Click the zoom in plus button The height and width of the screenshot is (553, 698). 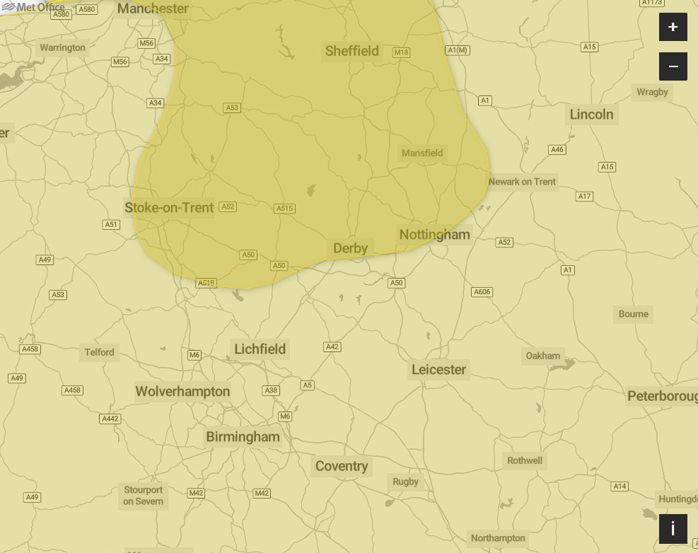pos(673,28)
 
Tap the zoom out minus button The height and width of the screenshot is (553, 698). pos(673,66)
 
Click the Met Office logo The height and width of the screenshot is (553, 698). pos(33,7)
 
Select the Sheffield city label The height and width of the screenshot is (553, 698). pos(351,51)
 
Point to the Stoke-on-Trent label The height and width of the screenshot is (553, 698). pos(169,207)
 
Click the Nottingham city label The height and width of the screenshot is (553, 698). pos(434,235)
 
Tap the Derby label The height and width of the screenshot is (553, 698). pos(350,248)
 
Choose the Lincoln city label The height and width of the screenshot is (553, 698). pos(591,115)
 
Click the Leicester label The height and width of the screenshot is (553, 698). pos(438,369)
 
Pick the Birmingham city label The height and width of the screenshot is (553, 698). pos(243,436)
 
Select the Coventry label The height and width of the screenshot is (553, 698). pos(341,466)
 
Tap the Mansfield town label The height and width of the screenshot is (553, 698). pos(422,153)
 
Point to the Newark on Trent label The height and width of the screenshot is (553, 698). pos(522,182)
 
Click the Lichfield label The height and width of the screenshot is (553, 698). pos(260,349)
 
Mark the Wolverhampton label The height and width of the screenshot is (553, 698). pos(182,391)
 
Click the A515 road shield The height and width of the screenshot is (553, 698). pos(284,209)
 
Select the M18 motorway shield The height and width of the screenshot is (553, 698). pos(402,52)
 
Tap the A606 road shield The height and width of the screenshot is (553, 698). pos(482,292)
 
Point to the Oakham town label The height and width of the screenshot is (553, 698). pos(542,356)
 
